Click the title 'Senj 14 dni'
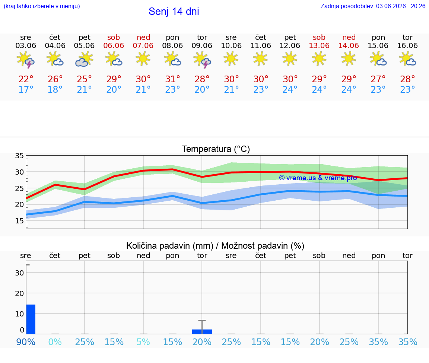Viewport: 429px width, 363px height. point(174,12)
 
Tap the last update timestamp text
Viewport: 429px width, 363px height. point(373,6)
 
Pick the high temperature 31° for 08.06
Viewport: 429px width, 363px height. point(172,79)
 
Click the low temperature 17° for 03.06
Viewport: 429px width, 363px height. point(26,89)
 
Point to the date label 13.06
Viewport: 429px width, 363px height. point(319,45)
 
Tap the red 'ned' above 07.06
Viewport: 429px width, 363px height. point(143,37)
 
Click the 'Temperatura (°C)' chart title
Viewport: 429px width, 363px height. point(216,149)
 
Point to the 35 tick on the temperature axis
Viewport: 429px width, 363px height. point(19,156)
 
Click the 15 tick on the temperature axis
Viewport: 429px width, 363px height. point(19,221)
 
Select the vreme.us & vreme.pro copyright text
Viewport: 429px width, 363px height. point(318,178)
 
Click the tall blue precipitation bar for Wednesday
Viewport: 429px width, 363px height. point(31,319)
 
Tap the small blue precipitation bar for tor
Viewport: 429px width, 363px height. point(202,332)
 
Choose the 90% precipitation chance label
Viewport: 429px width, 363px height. point(26,342)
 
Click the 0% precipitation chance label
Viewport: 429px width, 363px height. point(55,342)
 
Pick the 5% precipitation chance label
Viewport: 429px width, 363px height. point(143,342)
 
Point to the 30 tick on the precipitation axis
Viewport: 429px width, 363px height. point(19,273)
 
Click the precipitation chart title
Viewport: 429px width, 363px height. point(215,246)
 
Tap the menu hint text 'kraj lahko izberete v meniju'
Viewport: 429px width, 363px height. point(42,6)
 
